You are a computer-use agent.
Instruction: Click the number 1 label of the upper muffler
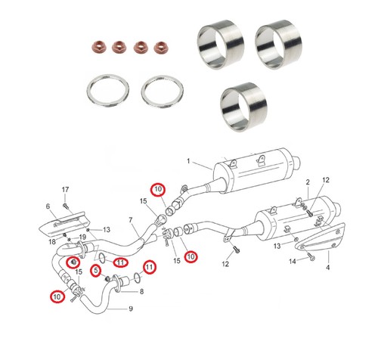(188, 161)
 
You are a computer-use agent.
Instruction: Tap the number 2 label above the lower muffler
(308, 182)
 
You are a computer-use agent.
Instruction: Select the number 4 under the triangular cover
(327, 267)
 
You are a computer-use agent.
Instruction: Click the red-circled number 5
(96, 271)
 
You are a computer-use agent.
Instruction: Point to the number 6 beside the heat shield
(48, 206)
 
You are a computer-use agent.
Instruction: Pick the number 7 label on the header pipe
(131, 220)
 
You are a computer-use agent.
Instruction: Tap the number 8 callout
(141, 292)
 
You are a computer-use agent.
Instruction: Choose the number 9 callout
(131, 309)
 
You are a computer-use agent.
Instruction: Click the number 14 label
(293, 261)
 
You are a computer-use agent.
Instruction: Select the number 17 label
(65, 189)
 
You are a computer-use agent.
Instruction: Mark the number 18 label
(52, 242)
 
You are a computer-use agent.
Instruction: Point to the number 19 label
(82, 237)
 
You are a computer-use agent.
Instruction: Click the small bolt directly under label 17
(66, 206)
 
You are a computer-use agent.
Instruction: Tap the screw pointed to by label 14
(311, 257)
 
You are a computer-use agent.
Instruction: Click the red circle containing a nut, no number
(73, 262)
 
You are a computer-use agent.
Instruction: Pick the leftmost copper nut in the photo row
(98, 47)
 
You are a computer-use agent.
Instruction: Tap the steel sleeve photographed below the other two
(243, 107)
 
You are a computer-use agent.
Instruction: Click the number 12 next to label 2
(326, 180)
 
